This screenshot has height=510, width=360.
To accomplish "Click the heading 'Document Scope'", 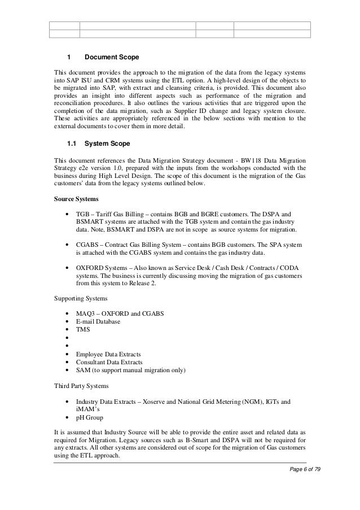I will click(111, 58).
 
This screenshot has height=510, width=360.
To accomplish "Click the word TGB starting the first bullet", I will click(84, 215).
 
